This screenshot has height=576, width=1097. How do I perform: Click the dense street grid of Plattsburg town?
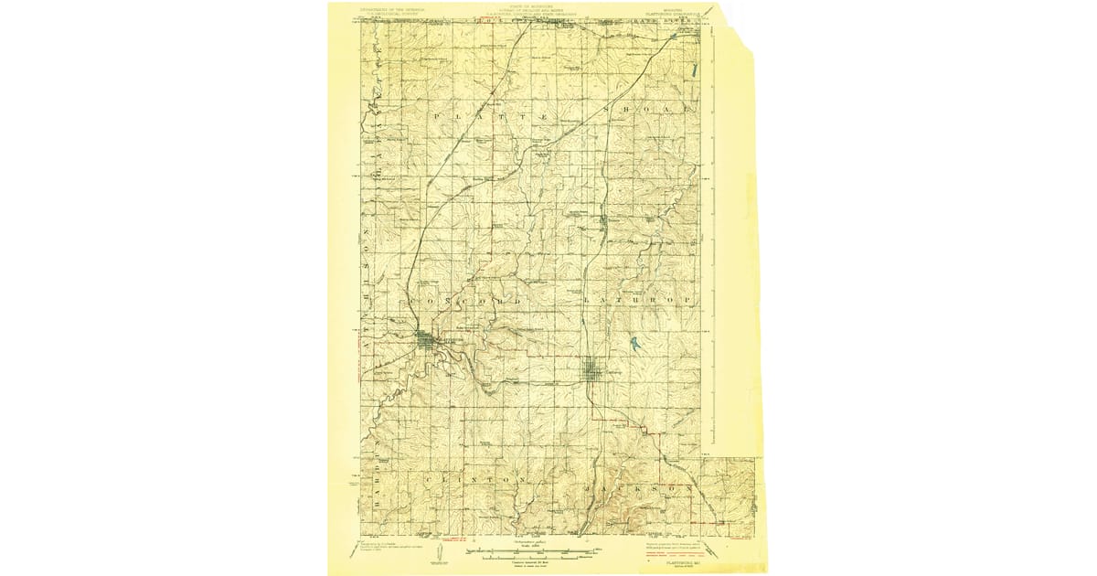pyautogui.click(x=428, y=340)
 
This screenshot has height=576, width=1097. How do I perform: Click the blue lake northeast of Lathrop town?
pyautogui.click(x=633, y=344)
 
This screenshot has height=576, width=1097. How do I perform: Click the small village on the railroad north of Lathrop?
pyautogui.click(x=604, y=219)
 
